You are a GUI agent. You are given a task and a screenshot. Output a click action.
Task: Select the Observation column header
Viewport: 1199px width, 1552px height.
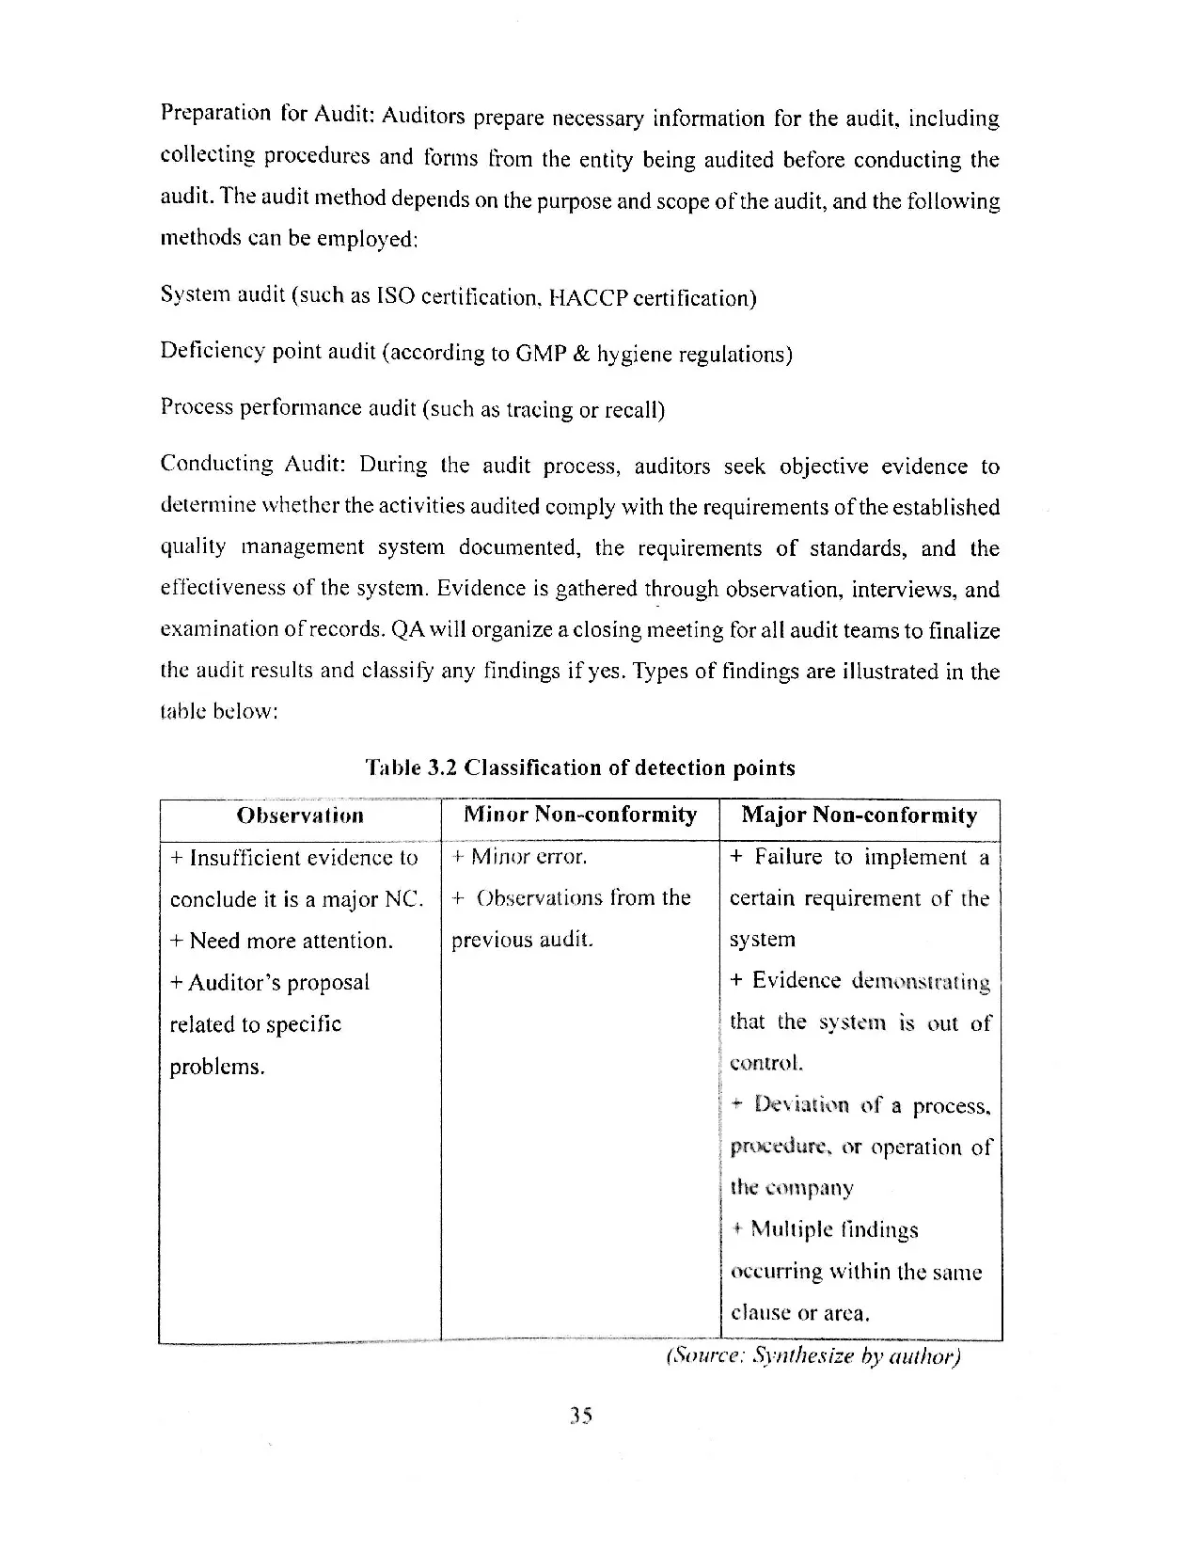point(300,816)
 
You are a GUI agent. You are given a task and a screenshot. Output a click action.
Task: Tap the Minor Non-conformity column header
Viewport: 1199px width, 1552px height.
point(580,815)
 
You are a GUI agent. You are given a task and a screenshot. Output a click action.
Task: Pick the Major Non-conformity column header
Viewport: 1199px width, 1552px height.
point(860,816)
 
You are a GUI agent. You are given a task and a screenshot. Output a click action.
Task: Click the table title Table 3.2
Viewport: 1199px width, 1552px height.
point(579,768)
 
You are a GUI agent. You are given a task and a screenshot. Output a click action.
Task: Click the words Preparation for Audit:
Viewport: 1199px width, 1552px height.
point(268,115)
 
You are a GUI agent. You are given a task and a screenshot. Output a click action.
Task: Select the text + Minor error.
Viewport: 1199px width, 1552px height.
point(519,857)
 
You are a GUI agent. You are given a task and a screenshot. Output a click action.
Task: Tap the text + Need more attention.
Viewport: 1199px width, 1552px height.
point(281,941)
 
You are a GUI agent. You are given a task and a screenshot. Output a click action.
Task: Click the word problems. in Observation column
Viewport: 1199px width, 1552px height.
point(217,1067)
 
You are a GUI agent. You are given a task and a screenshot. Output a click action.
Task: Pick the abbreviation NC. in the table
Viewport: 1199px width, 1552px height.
point(404,899)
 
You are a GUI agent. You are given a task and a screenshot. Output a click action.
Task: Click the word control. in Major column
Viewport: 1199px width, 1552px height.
point(766,1064)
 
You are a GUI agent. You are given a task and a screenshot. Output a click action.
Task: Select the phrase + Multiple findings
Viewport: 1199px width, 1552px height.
point(825,1230)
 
